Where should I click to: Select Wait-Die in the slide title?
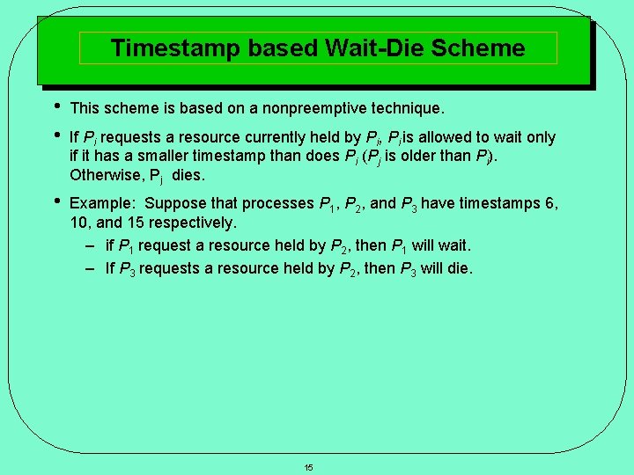click(x=376, y=47)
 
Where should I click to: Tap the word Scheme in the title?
click(x=485, y=47)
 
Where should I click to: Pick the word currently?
click(x=293, y=137)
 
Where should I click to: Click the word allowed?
click(x=452, y=137)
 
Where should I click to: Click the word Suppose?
click(x=176, y=203)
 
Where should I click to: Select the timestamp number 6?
click(x=551, y=203)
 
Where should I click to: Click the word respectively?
click(x=191, y=223)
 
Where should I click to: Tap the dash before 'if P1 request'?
click(x=91, y=245)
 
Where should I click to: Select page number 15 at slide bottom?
click(x=308, y=467)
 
